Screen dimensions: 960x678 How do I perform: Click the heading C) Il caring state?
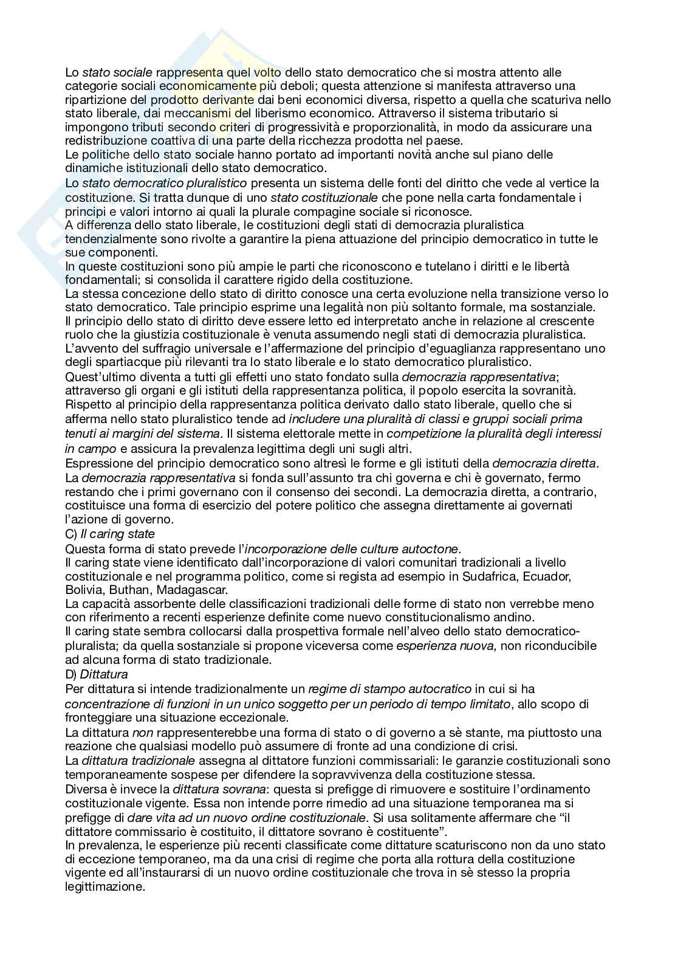pos(110,534)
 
